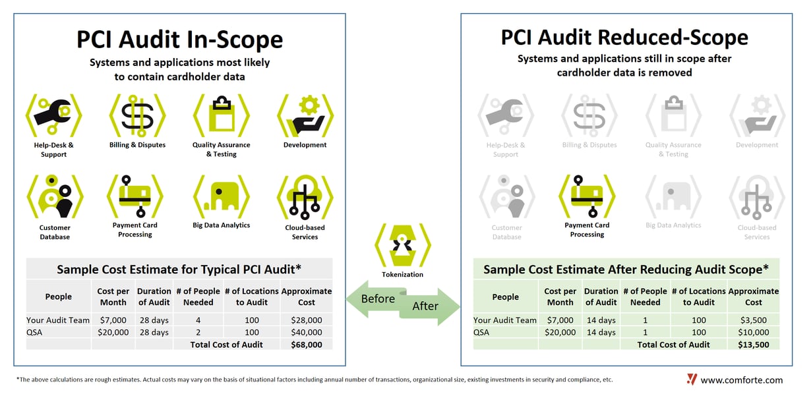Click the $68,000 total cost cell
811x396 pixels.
[x=306, y=345]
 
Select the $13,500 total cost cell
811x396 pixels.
[x=753, y=345]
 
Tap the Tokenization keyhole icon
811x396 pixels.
[x=402, y=244]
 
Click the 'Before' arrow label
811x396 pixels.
[x=378, y=298]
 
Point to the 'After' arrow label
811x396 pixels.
[x=425, y=306]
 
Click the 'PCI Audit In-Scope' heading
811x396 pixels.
[x=180, y=39]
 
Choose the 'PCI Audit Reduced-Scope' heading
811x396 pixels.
[x=624, y=37]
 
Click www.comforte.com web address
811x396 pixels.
[x=742, y=380]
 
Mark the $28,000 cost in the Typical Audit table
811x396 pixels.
[x=306, y=320]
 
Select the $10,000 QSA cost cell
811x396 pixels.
[x=753, y=332]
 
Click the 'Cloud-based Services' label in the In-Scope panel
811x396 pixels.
[x=305, y=232]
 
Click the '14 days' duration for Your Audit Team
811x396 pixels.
[x=601, y=320]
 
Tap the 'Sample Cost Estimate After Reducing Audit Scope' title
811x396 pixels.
[x=626, y=269]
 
